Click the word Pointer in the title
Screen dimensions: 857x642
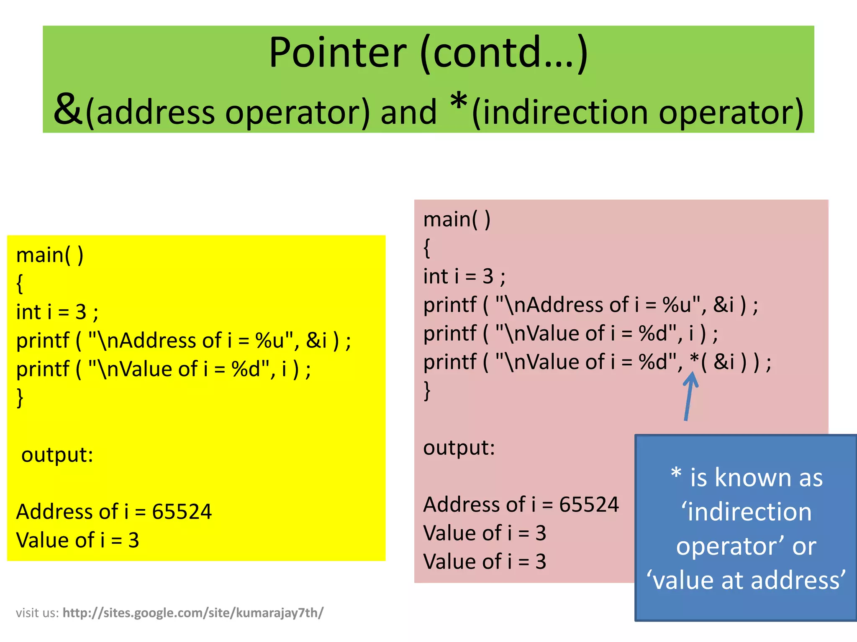pos(337,53)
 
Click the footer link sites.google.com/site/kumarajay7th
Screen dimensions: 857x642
pos(193,613)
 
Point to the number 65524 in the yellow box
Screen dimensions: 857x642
pos(182,512)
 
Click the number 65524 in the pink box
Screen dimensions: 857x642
pos(589,504)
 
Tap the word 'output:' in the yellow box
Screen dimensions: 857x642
pos(57,455)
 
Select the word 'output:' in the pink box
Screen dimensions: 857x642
pos(459,448)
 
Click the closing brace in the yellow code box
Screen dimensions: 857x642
pos(20,397)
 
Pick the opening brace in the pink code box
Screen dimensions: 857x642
pos(427,248)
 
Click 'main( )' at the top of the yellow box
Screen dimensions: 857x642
pos(50,255)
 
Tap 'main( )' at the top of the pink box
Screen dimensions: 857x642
pos(457,219)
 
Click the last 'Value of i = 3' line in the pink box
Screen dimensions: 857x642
pos(485,561)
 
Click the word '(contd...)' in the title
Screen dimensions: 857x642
pos(504,53)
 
